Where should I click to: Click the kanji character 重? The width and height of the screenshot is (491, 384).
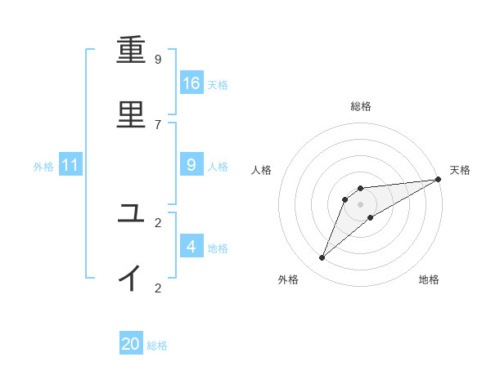point(131,51)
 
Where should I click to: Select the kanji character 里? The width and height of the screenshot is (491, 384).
point(131,114)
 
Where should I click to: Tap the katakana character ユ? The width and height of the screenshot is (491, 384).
point(131,213)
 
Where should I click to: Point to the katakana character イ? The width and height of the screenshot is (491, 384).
point(131,278)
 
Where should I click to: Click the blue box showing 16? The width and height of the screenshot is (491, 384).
point(191,83)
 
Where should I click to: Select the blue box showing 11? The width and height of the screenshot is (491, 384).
point(70,166)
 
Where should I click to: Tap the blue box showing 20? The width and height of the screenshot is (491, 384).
point(131,344)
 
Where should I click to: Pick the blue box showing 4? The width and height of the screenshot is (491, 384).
point(191,246)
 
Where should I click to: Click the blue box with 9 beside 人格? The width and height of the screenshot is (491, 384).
point(191,165)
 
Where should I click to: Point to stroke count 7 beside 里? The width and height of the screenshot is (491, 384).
point(158,124)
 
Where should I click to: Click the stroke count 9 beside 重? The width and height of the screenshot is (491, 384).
point(158,60)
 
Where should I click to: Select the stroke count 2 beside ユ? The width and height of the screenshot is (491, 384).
point(158,222)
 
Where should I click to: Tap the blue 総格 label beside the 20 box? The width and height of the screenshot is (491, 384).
point(157,346)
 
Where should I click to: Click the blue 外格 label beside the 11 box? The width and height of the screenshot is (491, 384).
point(43,167)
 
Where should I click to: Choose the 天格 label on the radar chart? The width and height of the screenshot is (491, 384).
point(460,170)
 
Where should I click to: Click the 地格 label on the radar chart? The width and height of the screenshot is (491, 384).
point(429,279)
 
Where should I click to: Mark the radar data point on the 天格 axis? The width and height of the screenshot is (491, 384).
point(438,179)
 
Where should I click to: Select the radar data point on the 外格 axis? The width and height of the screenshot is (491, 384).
point(322,258)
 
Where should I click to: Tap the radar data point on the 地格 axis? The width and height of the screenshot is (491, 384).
point(371,217)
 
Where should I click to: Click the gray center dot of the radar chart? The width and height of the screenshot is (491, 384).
point(360,204)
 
